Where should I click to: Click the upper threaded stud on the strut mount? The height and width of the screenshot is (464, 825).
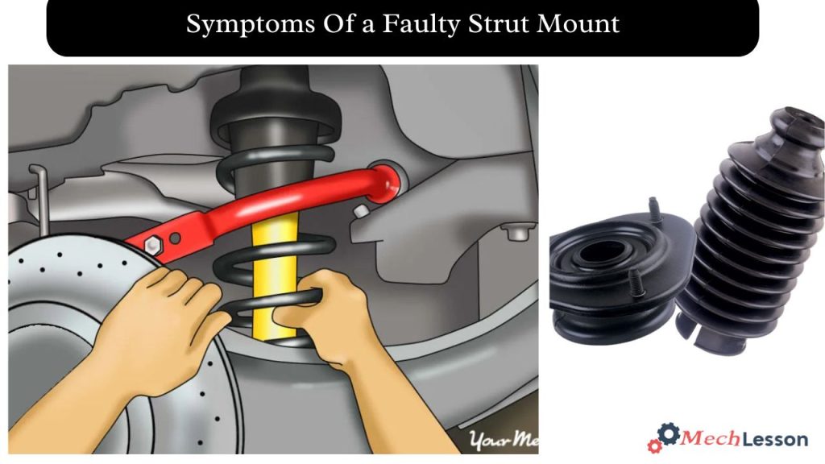654,211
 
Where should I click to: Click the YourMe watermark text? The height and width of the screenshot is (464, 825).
501,439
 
